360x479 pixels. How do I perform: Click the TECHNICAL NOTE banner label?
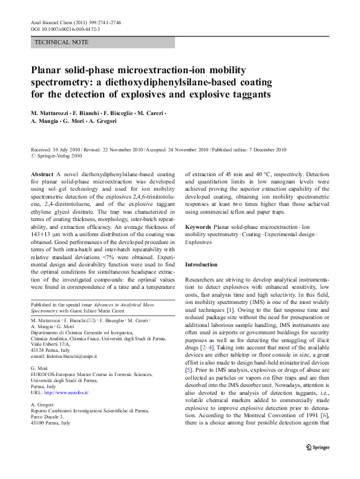click(62, 42)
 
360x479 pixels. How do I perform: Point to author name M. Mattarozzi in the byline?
click(50, 114)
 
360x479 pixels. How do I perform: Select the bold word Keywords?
click(198, 226)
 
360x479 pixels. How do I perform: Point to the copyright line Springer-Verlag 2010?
click(59, 155)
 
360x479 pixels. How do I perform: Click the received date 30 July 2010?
click(68, 149)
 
